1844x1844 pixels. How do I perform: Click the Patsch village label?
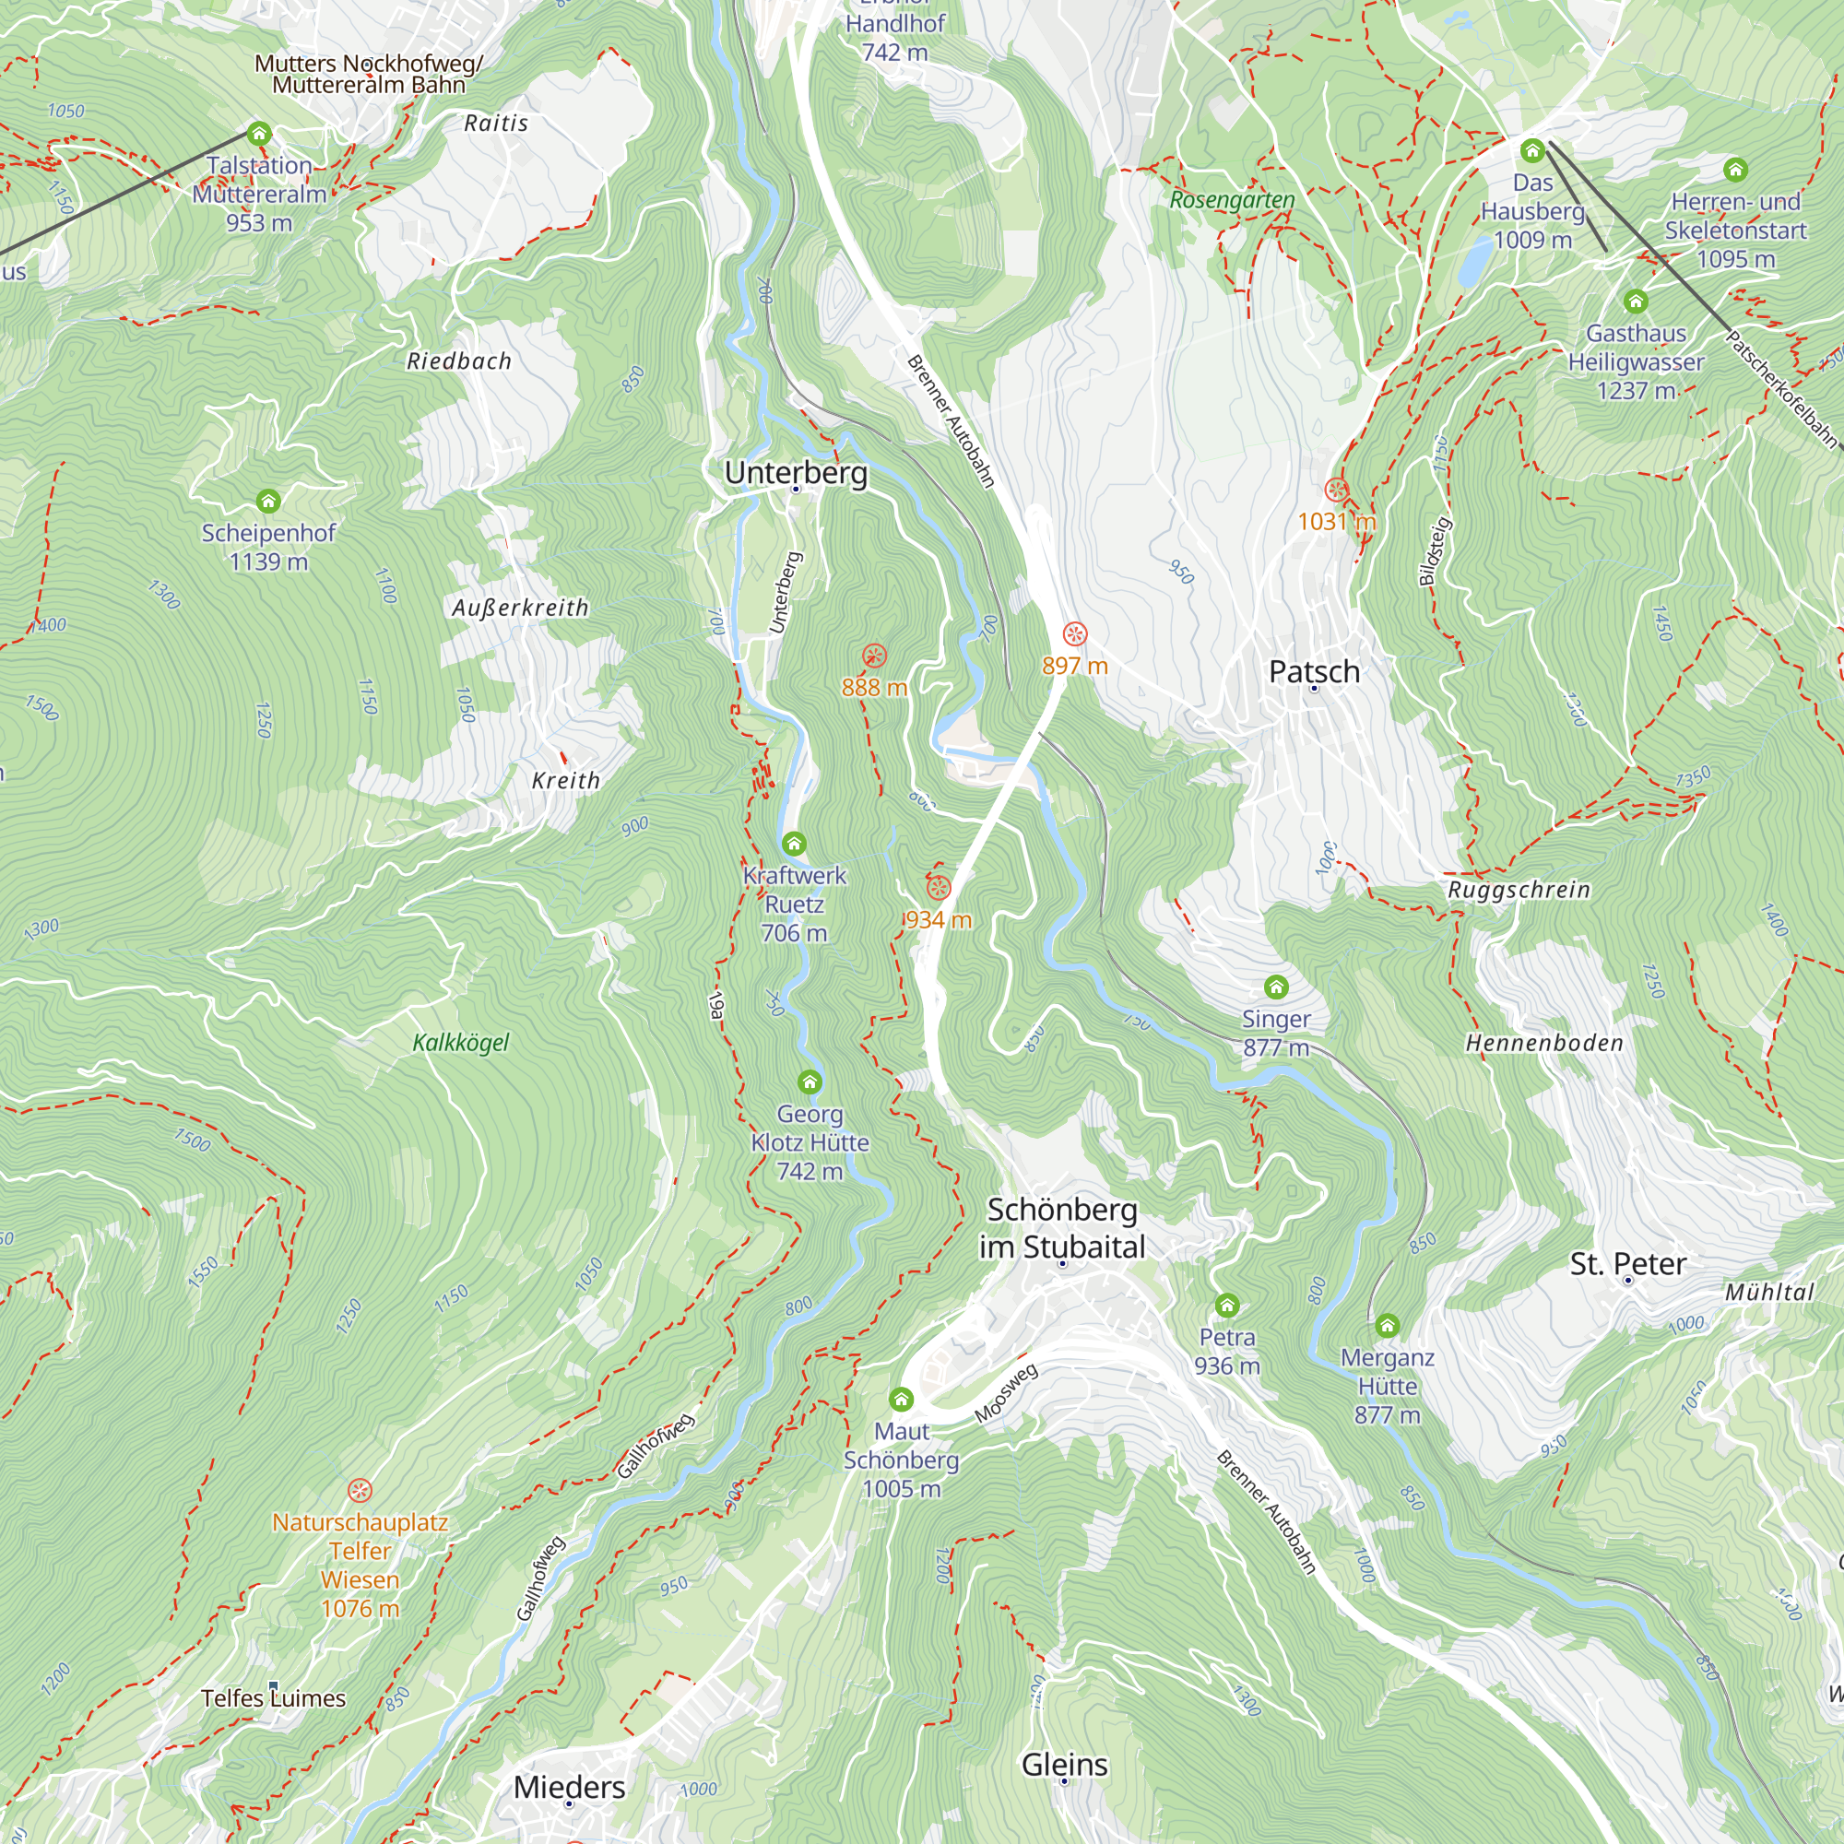click(x=1313, y=671)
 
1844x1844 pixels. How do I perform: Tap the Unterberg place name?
click(x=796, y=472)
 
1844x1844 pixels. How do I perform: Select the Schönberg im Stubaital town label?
click(x=1061, y=1227)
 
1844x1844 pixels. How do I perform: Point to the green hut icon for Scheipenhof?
click(x=268, y=501)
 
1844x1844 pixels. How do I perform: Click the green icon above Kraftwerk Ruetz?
click(x=793, y=844)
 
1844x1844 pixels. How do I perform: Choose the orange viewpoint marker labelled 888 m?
click(x=874, y=656)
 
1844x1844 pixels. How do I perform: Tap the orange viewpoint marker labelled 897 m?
click(x=1075, y=634)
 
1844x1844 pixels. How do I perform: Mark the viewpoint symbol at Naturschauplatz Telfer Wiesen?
click(x=359, y=1490)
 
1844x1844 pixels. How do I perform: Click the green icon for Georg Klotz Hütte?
click(x=810, y=1082)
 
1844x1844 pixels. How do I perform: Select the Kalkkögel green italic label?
click(x=460, y=1042)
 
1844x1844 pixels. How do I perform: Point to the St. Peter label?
click(x=1627, y=1264)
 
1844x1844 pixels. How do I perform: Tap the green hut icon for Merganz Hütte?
click(x=1387, y=1326)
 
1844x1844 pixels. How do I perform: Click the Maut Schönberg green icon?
click(x=901, y=1401)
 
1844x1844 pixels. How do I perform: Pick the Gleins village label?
click(x=1064, y=1764)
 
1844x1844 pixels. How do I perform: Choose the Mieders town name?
click(x=569, y=1787)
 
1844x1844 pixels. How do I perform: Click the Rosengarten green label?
click(x=1231, y=200)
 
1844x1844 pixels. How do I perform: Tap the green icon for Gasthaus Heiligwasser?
click(x=1635, y=302)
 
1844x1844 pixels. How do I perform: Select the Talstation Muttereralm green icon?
click(x=259, y=134)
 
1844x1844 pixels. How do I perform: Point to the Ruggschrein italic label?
click(x=1519, y=890)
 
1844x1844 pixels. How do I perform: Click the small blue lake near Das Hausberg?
click(x=1474, y=263)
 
